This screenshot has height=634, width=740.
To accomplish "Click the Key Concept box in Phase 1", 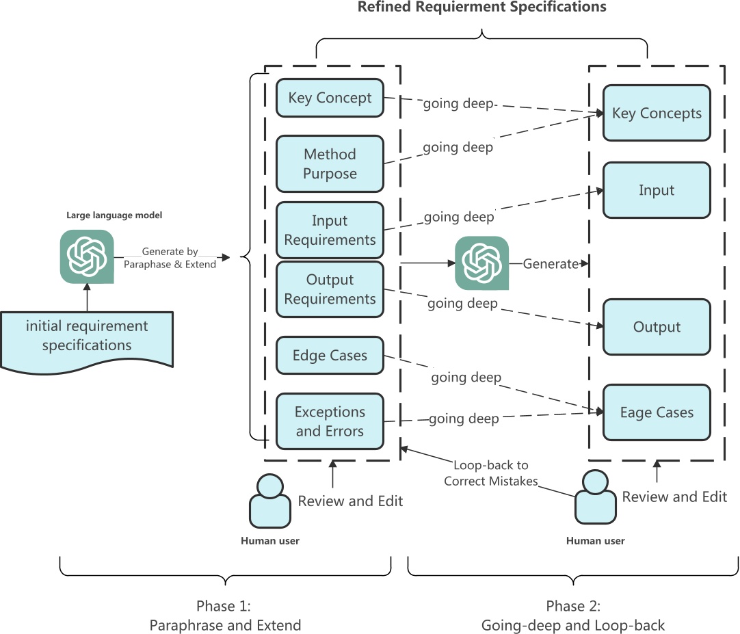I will (x=330, y=98).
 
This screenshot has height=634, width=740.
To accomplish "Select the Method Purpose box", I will (x=330, y=164).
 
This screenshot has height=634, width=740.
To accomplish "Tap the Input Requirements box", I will (x=330, y=230).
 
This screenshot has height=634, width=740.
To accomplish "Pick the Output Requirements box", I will (x=330, y=289).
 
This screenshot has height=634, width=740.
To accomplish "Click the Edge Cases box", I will (x=330, y=356).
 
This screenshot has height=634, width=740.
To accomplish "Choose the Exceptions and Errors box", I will (x=330, y=421).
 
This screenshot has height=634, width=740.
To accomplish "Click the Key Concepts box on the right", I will (x=657, y=114).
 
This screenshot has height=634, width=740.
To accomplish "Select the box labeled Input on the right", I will (x=657, y=190).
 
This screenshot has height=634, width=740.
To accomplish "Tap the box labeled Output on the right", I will (x=657, y=327).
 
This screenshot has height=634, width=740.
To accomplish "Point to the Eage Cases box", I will (x=657, y=412).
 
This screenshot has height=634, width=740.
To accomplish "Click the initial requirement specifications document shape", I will (x=86, y=339).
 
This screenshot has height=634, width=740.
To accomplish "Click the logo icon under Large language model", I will (x=87, y=256).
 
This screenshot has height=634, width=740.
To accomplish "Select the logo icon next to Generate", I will (x=482, y=263).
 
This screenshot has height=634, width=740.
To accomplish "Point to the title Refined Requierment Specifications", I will (x=482, y=8).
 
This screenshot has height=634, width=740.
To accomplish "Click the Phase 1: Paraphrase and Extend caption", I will (x=225, y=616).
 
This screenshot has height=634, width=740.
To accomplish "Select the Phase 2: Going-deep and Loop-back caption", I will (x=573, y=616).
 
